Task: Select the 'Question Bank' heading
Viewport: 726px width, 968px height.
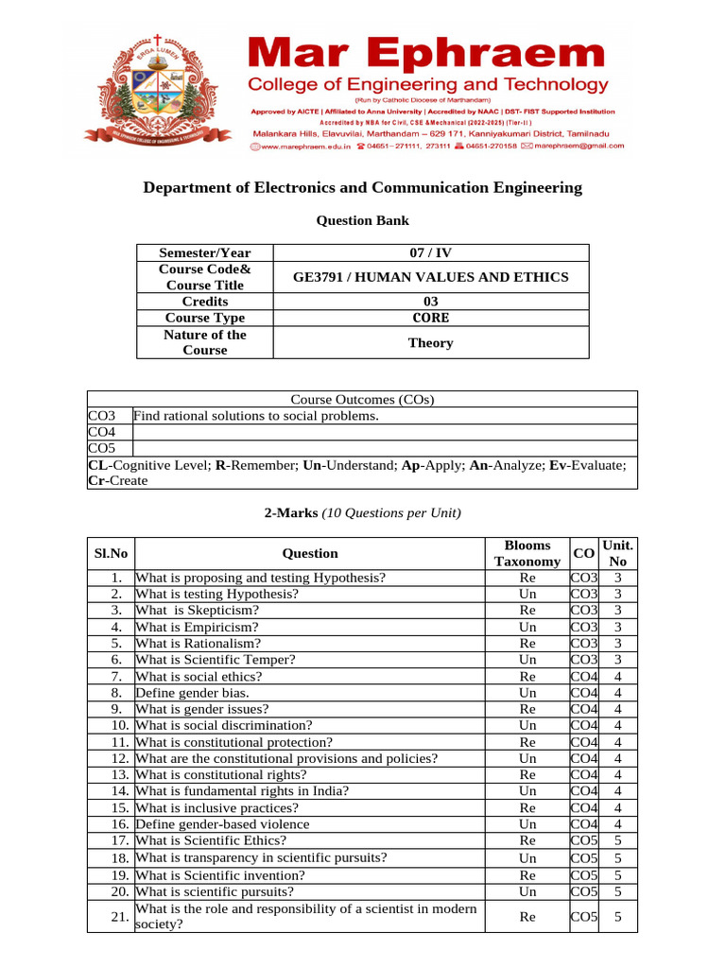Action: [362, 220]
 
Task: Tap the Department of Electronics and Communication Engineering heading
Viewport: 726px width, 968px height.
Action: [362, 187]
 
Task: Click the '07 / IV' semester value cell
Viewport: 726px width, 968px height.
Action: [430, 252]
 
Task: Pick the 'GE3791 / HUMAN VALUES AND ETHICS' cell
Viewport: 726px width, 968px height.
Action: [430, 277]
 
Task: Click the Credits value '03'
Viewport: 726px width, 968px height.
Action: [430, 302]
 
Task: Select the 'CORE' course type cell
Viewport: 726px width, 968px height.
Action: [430, 318]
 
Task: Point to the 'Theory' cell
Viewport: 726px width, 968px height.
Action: [430, 342]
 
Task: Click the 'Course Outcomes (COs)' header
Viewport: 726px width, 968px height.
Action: [362, 399]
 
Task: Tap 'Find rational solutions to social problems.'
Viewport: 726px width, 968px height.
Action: [256, 416]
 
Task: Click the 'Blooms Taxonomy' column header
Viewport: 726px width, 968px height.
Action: [527, 553]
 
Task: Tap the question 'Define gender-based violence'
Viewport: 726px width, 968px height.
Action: [222, 824]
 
